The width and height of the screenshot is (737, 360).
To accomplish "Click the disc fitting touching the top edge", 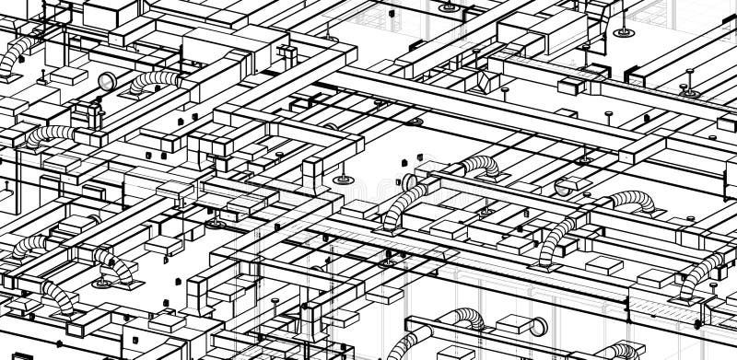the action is (448, 6).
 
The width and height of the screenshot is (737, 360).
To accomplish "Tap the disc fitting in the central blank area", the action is (343, 178).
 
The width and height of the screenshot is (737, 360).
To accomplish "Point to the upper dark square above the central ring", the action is (403, 161).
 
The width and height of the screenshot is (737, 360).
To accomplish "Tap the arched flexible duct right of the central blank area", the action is (478, 166).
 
